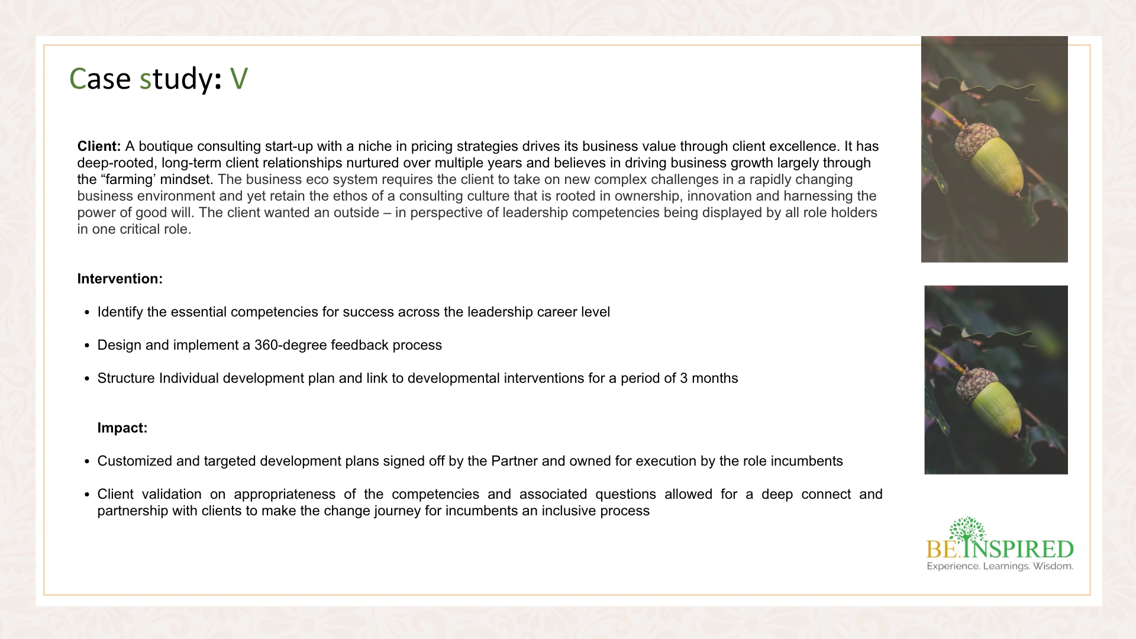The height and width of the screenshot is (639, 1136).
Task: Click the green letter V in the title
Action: pyautogui.click(x=238, y=79)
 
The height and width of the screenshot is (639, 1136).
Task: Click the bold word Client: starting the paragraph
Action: pyautogui.click(x=99, y=146)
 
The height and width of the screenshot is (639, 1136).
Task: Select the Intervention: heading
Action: pyautogui.click(x=120, y=279)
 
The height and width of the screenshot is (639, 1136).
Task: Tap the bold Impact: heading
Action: pyautogui.click(x=122, y=428)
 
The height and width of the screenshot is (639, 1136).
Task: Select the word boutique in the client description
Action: pyautogui.click(x=166, y=146)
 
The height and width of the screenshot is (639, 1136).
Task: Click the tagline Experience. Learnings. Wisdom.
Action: pyautogui.click(x=999, y=566)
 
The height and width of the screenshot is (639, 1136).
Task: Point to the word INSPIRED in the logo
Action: pyautogui.click(x=1019, y=549)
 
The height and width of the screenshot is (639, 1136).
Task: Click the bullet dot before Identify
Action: pyautogui.click(x=88, y=312)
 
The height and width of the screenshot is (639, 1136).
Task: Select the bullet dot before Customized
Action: pyautogui.click(x=88, y=461)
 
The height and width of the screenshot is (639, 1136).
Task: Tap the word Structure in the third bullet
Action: pyautogui.click(x=126, y=378)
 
